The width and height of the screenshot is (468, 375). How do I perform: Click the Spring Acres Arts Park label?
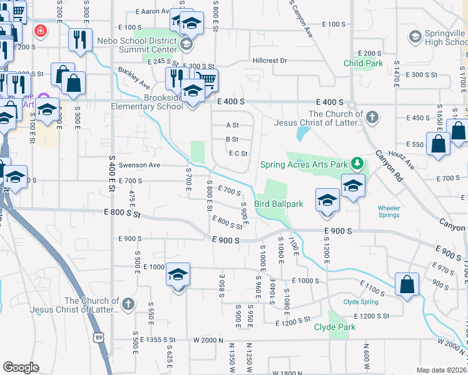click(303, 164)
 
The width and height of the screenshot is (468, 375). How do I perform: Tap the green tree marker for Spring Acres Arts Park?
click(357, 164)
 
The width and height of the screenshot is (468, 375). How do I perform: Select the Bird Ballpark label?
click(279, 204)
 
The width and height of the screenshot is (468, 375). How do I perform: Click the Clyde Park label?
click(335, 327)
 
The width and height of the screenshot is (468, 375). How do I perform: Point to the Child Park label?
click(362, 64)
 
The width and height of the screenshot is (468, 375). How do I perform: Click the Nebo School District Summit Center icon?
click(186, 44)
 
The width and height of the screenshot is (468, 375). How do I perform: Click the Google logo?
click(21, 367)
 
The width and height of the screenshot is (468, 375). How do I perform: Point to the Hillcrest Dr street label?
click(270, 61)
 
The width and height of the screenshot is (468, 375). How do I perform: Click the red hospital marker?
click(41, 31)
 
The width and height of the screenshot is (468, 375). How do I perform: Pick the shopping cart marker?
click(207, 79)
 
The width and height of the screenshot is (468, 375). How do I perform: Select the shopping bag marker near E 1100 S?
click(407, 284)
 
